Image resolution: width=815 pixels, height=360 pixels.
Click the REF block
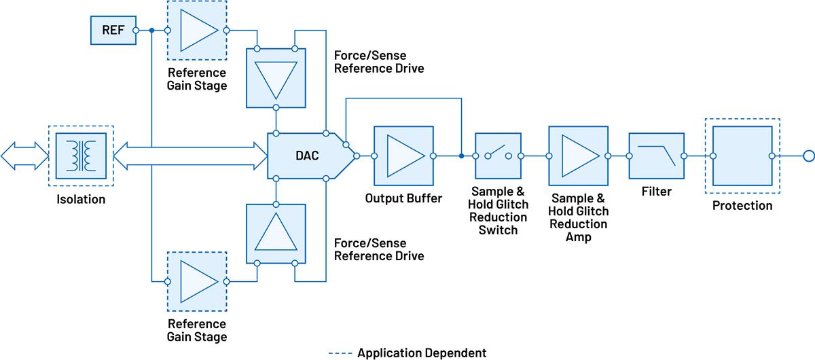pos(113,30)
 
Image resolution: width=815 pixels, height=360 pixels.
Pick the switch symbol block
pos(498,156)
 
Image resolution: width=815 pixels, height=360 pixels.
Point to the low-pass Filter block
pos(655,156)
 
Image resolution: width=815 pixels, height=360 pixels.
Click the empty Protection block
pos(742,156)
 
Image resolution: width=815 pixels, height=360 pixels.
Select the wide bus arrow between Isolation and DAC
pos(190,156)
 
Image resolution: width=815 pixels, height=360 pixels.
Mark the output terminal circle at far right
pos(808,156)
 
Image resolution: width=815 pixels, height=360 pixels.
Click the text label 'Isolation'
pos(81,200)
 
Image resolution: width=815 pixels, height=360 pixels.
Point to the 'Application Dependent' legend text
pos(421,353)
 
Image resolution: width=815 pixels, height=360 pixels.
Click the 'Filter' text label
pos(656,192)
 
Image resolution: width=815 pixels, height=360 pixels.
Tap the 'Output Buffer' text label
pos(403,199)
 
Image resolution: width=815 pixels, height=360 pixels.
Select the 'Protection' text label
pos(742,205)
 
